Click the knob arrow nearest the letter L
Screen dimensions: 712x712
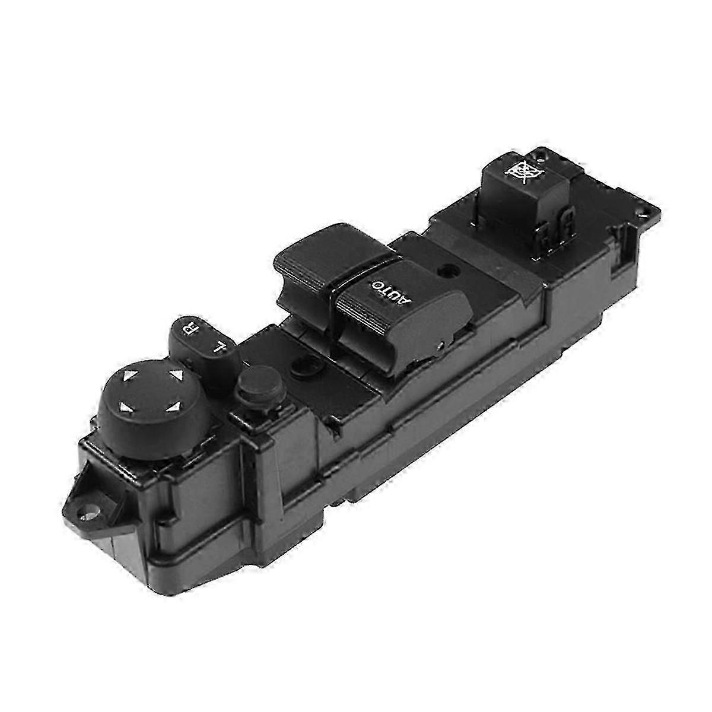pos(176,376)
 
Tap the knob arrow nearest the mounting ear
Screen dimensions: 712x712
pos(125,406)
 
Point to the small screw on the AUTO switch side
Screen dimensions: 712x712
pos(440,342)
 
